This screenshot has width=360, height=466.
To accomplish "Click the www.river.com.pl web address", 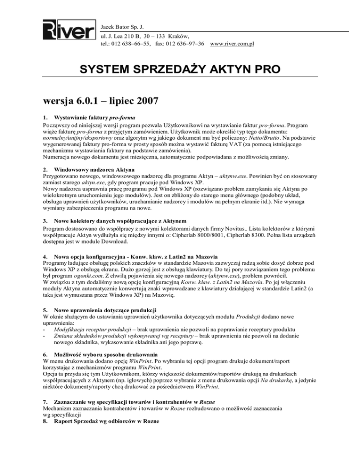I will (232, 44).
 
